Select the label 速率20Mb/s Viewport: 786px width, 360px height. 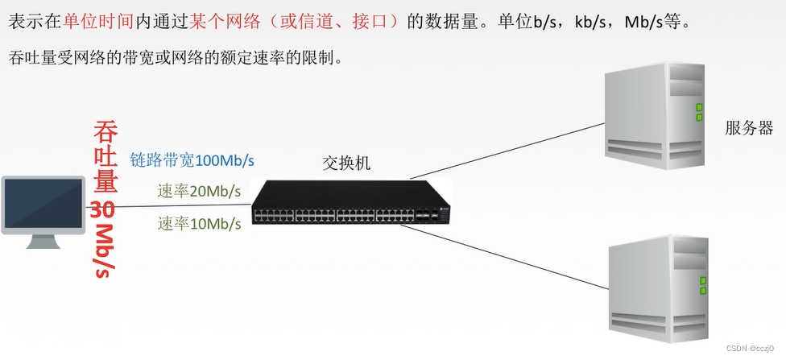click(x=199, y=191)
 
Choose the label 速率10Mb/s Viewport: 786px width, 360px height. click(x=199, y=223)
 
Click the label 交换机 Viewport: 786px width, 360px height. click(x=346, y=163)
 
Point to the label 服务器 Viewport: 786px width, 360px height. click(x=749, y=128)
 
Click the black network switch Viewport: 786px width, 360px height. click(x=350, y=201)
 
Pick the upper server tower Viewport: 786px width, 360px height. click(x=657, y=114)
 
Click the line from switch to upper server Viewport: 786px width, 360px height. click(x=507, y=151)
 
